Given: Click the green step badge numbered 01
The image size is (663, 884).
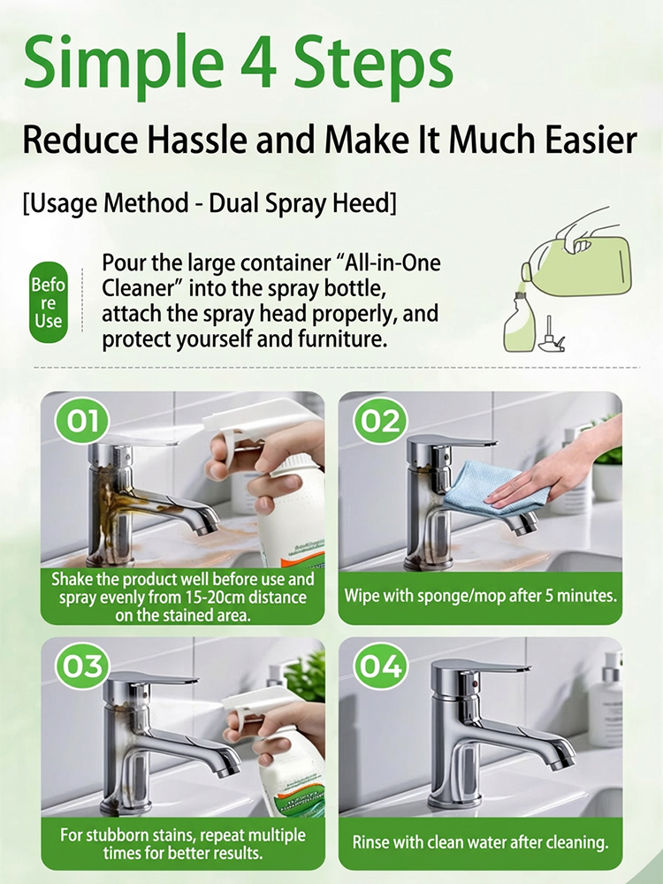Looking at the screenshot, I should [x=83, y=421].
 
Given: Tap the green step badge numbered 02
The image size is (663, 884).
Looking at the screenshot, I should [x=381, y=421].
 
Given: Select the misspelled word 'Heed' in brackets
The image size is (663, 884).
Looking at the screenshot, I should [x=361, y=202].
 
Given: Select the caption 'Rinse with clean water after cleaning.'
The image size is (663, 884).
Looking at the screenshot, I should [x=480, y=842].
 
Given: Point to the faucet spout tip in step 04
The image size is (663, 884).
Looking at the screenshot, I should [x=561, y=760].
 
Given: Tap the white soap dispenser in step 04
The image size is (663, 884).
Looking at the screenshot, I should [x=606, y=698].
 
